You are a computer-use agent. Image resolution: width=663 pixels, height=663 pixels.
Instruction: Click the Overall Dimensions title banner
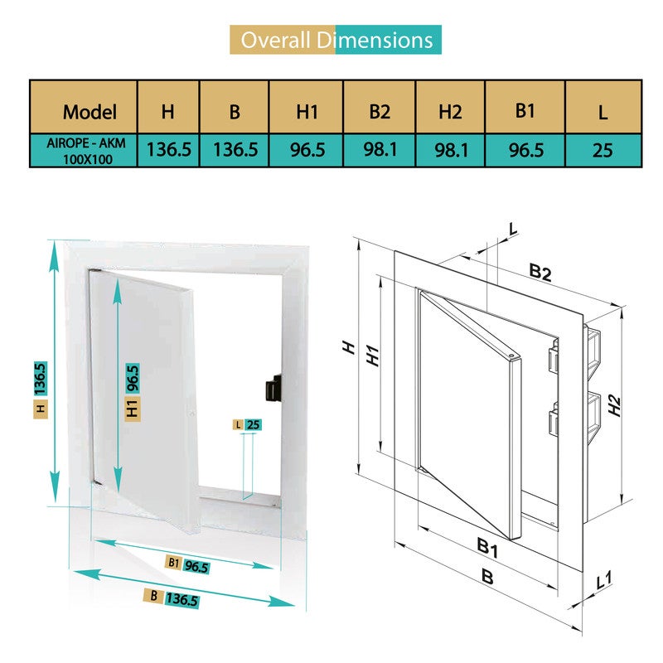[x=336, y=40]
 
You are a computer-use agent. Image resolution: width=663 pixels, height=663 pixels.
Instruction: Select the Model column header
[x=90, y=112]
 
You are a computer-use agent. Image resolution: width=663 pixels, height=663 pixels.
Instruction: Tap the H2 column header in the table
[x=450, y=112]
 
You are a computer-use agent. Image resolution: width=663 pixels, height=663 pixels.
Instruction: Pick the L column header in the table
[x=603, y=113]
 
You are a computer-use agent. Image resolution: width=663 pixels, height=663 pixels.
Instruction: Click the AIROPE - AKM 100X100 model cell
[x=86, y=151]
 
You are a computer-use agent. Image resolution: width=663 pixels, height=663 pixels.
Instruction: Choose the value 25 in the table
[x=603, y=150]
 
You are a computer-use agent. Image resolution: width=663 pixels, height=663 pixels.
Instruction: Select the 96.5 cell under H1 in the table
[x=307, y=150]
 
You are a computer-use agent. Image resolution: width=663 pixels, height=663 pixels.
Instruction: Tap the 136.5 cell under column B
[x=235, y=150]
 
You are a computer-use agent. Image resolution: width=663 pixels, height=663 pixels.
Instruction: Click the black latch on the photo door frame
[x=273, y=388]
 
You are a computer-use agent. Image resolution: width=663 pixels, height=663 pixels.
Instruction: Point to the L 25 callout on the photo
[x=247, y=424]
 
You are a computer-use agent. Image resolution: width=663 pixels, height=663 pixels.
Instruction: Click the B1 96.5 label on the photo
[x=187, y=564]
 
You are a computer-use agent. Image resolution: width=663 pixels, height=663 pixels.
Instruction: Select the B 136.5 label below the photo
[x=172, y=598]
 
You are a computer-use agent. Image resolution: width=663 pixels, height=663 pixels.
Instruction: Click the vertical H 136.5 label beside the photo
[x=41, y=390]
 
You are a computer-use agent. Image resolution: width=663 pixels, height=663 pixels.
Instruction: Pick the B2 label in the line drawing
[x=540, y=273]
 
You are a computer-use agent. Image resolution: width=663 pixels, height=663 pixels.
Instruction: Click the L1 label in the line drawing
[x=604, y=580]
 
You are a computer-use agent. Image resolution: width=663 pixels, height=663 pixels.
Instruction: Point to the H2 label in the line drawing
[x=614, y=405]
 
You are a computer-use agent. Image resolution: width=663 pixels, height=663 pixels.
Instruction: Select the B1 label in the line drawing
[x=487, y=547]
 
